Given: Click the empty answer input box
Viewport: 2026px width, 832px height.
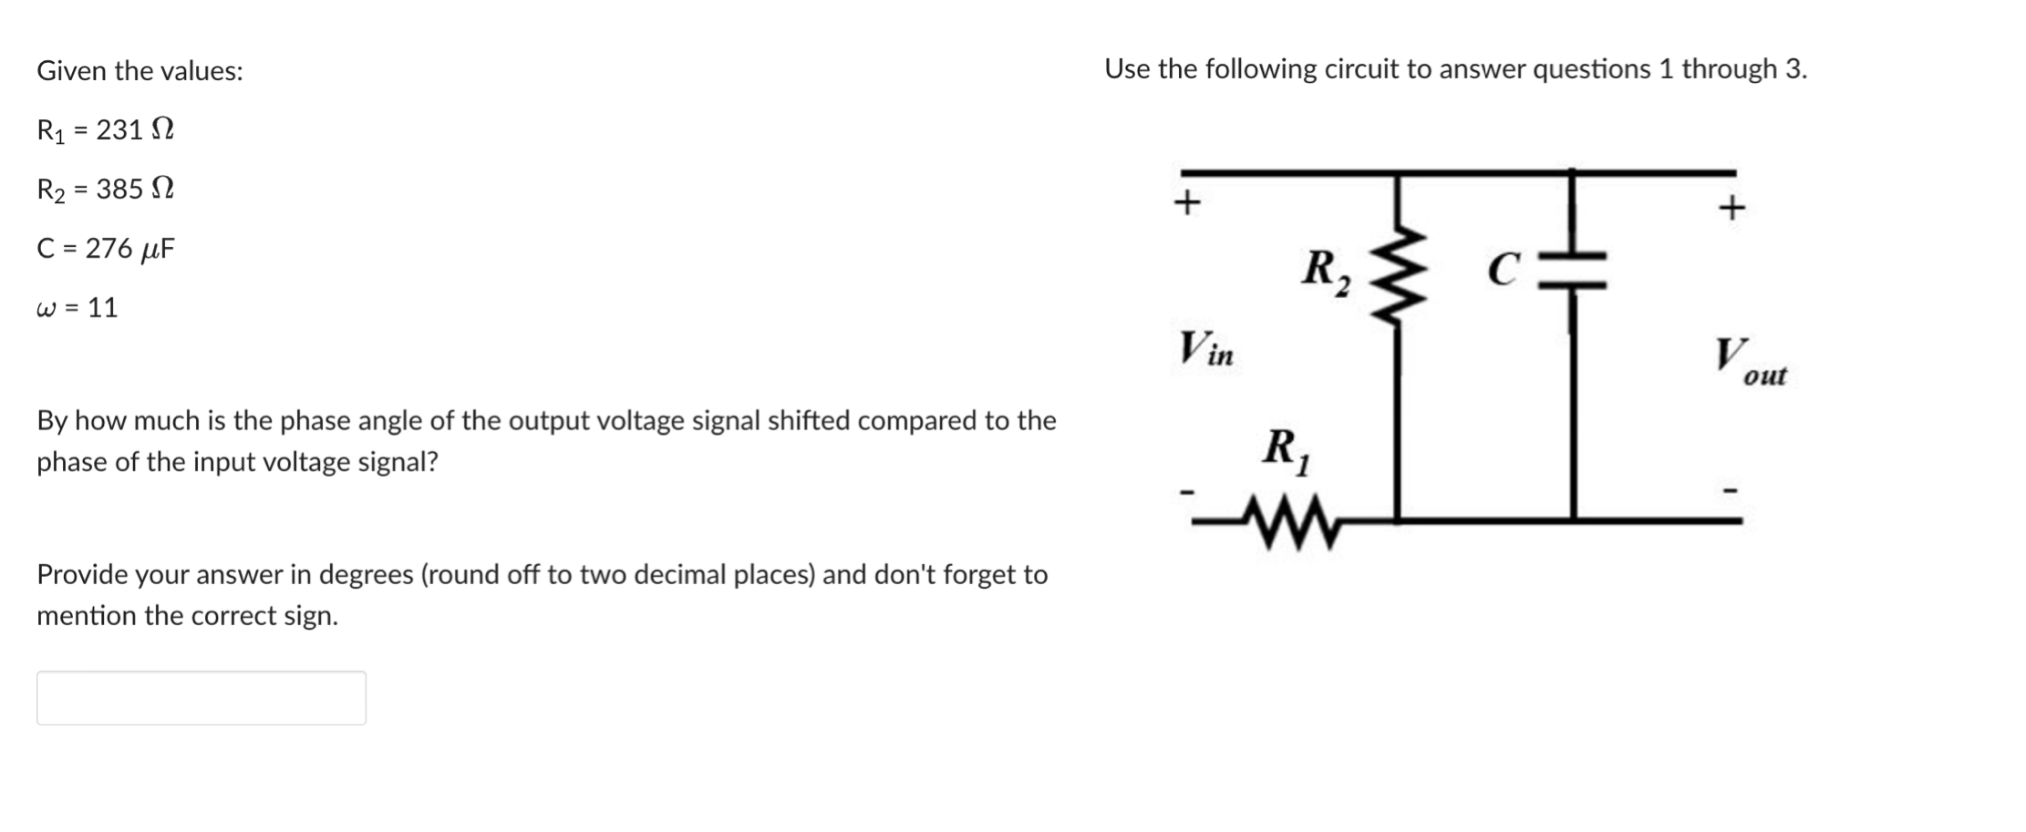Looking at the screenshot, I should [x=201, y=698].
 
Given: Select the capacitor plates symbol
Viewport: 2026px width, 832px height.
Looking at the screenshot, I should [x=1572, y=272].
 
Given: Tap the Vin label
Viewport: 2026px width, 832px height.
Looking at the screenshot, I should [x=1205, y=349].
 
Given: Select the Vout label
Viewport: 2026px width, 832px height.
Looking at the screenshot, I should [x=1749, y=362].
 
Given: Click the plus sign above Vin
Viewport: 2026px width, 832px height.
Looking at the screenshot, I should [x=1185, y=201].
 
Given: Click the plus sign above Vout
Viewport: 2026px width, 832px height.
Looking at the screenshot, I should [x=1731, y=209].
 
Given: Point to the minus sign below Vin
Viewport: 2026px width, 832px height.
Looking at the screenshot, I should [x=1186, y=493].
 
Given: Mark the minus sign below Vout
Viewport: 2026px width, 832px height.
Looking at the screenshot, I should [x=1730, y=491].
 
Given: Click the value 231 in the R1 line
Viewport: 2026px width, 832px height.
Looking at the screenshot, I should [x=119, y=130].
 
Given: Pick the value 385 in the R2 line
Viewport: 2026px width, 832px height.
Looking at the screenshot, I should [x=119, y=190].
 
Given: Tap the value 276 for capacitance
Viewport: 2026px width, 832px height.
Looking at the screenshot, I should [x=109, y=249].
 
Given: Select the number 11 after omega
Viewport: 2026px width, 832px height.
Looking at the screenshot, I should [x=103, y=308].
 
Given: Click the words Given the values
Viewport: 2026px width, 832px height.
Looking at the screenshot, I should [x=140, y=71].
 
